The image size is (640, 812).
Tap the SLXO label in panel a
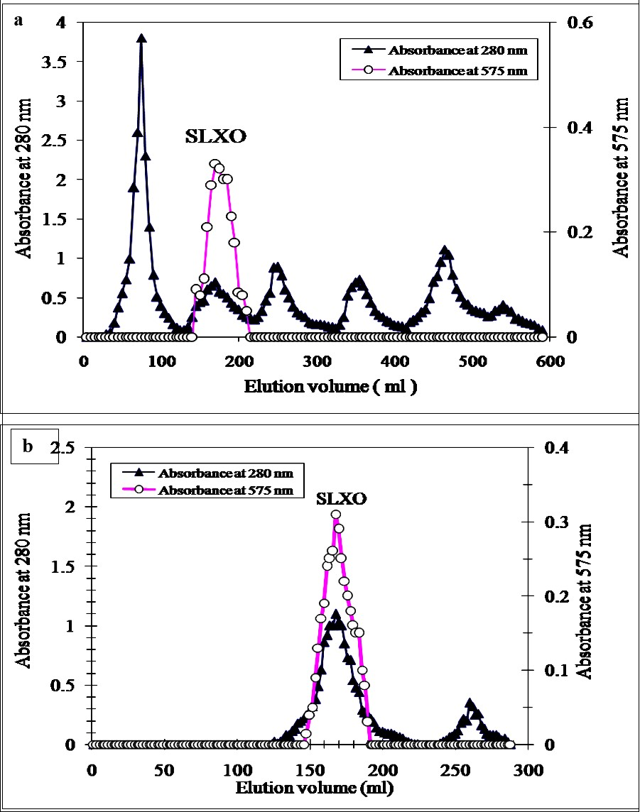pos(215,137)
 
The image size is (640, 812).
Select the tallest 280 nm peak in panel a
pos(141,38)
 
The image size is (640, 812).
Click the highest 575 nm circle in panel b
pos(336,515)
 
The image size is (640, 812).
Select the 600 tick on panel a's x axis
pos(549,361)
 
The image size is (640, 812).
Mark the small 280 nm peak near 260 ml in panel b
pos(470,703)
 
